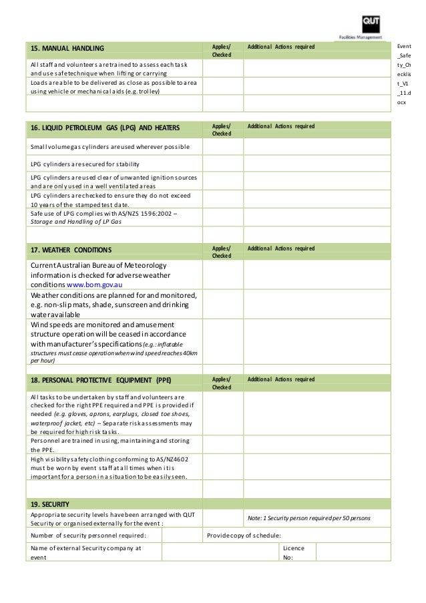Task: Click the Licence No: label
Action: coord(294,553)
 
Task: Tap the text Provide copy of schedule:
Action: coord(244,535)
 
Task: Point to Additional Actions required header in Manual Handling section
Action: coord(280,47)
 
